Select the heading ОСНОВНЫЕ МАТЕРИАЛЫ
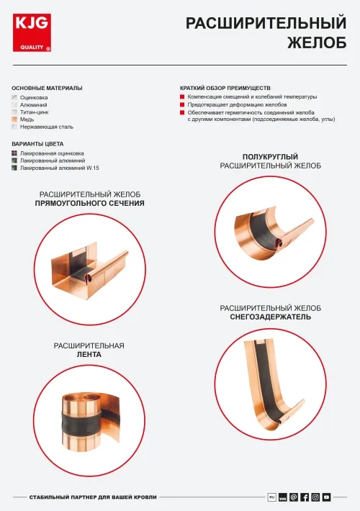[47, 88]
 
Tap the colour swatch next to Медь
[14, 119]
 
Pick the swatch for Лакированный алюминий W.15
[14, 168]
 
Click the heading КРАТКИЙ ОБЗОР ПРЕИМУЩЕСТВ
[225, 88]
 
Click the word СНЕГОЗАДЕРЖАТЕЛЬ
[271, 317]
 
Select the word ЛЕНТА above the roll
[89, 355]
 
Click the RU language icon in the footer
[271, 497]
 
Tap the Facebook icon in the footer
[305, 497]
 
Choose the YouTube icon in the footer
[326, 497]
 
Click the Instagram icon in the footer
[315, 497]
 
